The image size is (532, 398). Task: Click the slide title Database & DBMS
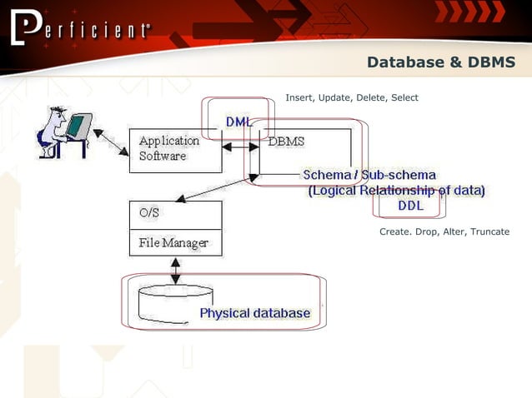click(x=441, y=62)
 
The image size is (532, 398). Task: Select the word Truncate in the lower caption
click(x=489, y=231)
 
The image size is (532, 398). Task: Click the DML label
click(x=238, y=122)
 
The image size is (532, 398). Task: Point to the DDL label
click(x=409, y=205)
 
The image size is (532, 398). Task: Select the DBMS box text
click(x=286, y=142)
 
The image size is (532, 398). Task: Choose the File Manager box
click(x=175, y=243)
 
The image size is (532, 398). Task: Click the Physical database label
click(x=254, y=313)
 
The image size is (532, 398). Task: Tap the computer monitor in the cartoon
click(x=78, y=126)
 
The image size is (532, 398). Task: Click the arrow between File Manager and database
click(x=175, y=269)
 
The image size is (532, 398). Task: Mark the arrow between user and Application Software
click(x=111, y=142)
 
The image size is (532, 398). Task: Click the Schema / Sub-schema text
click(x=369, y=175)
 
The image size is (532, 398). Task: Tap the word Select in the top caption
click(x=404, y=98)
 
